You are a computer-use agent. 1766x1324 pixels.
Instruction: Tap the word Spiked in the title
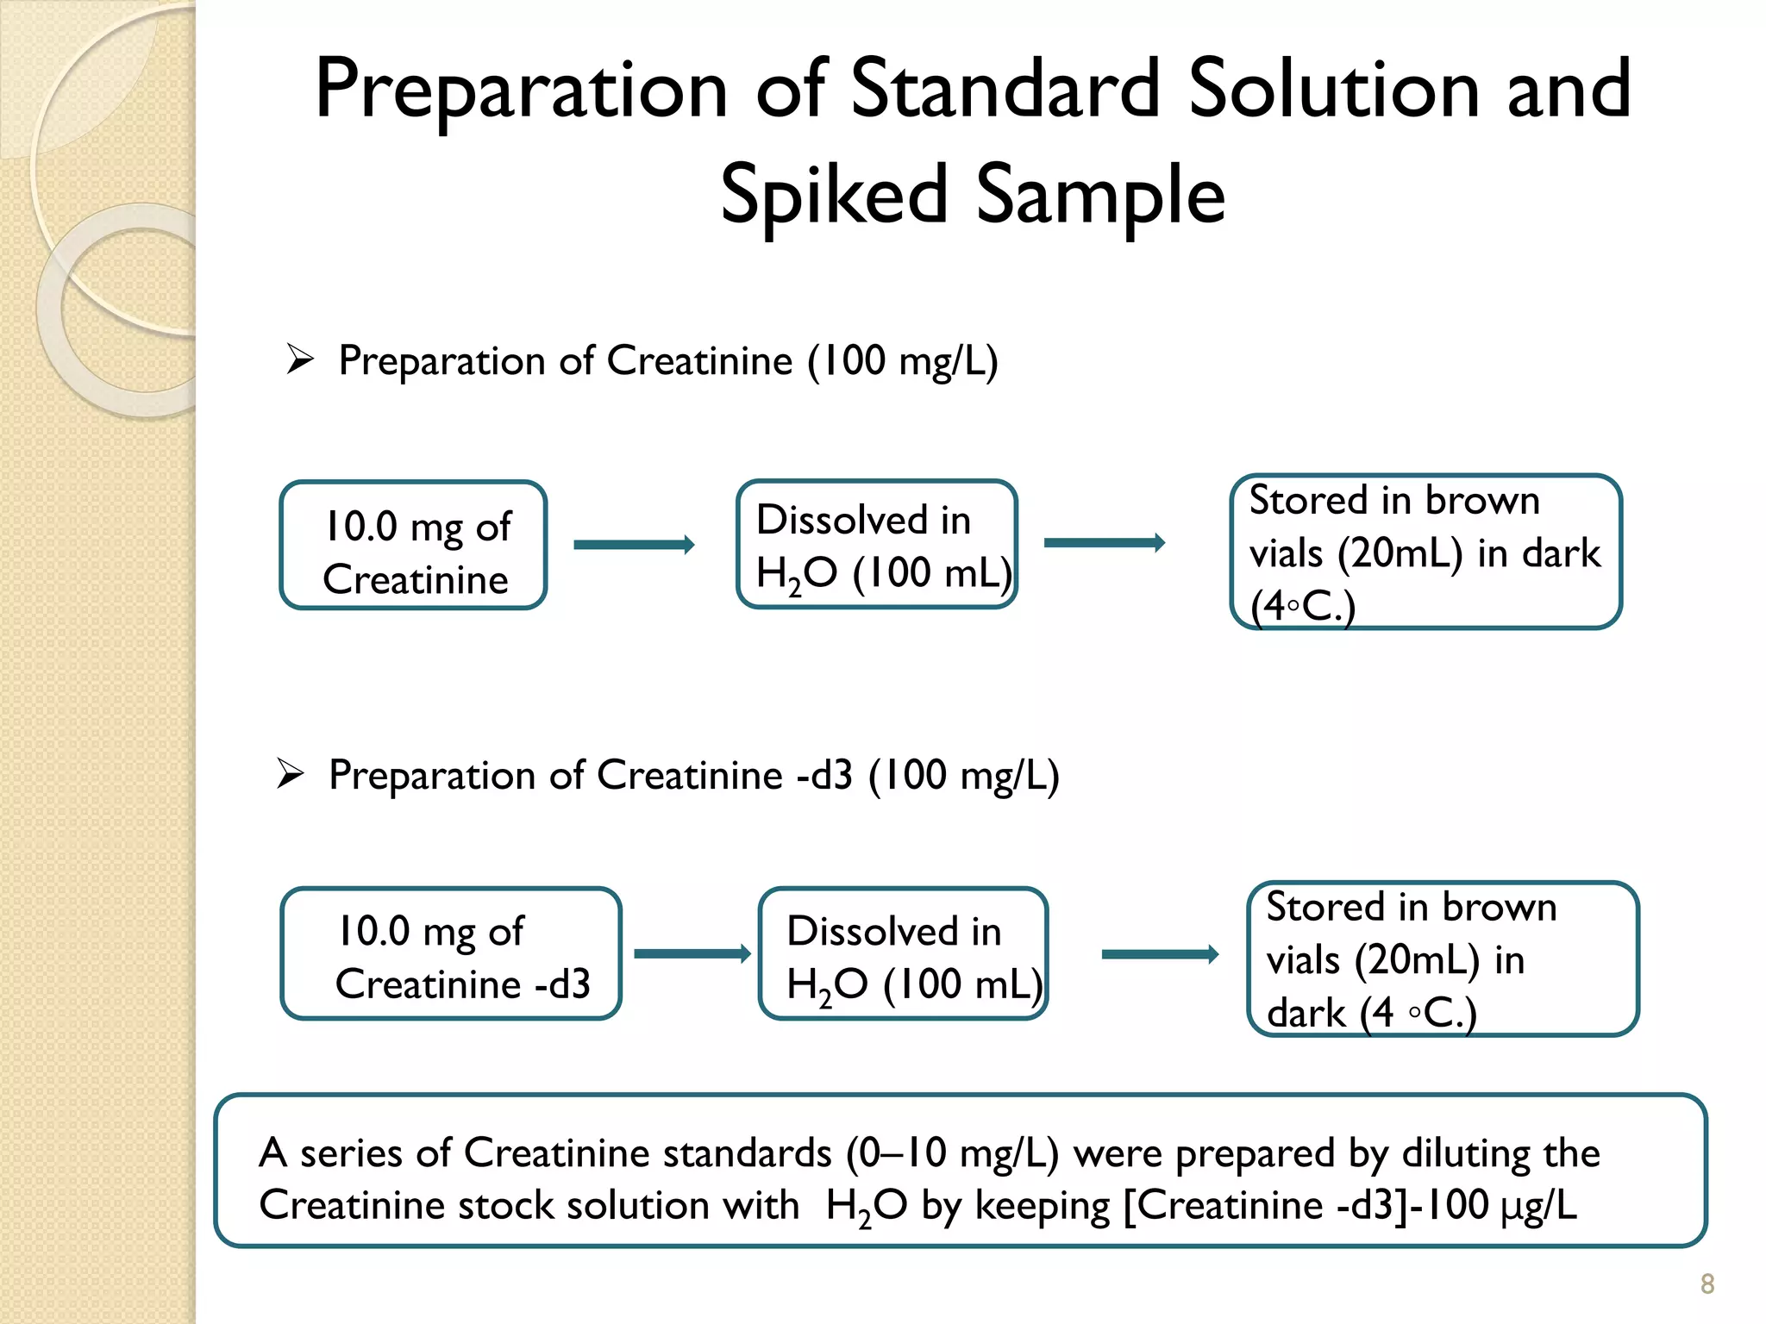tap(834, 195)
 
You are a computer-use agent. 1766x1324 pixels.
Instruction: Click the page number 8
tap(1707, 1283)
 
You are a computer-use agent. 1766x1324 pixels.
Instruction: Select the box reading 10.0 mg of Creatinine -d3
tap(451, 954)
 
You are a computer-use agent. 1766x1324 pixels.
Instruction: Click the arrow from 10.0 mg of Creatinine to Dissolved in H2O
tap(634, 545)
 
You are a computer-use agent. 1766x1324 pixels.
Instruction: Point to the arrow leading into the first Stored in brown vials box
tap(1105, 542)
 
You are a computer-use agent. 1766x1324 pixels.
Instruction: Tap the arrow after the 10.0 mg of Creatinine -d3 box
tap(692, 953)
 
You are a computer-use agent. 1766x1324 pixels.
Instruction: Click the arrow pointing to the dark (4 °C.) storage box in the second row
tap(1160, 953)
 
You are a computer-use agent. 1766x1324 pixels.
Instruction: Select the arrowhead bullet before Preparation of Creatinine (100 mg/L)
tap(300, 359)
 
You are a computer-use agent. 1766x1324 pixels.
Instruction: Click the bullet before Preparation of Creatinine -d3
tap(291, 773)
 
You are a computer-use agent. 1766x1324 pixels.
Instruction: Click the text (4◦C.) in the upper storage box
tap(1303, 606)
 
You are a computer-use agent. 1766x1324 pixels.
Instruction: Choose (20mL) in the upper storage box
tap(1400, 553)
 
